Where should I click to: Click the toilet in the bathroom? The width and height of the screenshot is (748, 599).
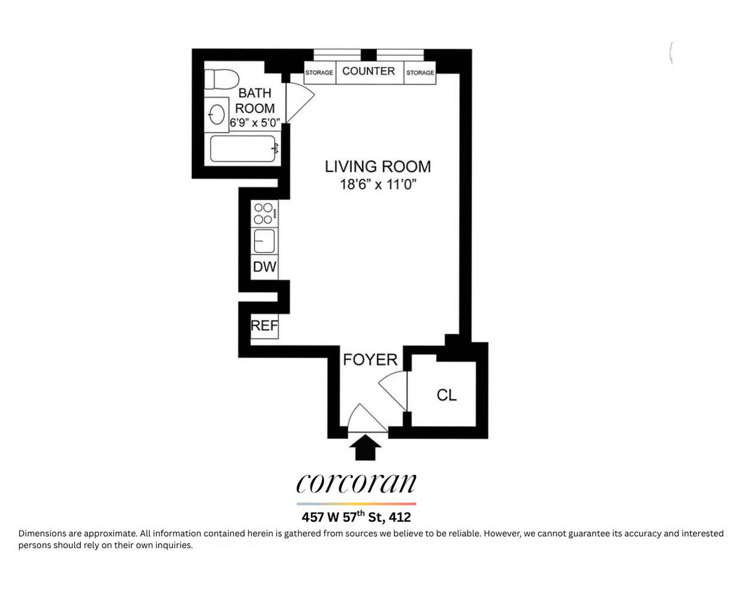221,79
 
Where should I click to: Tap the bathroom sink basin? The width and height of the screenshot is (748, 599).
217,114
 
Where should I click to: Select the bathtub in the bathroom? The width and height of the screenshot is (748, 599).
242,149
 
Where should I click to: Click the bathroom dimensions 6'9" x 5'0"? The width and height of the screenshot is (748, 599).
255,123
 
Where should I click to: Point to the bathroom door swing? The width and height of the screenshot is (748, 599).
298,102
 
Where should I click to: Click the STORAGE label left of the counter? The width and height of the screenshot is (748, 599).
319,72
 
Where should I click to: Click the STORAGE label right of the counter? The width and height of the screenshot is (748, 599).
420,72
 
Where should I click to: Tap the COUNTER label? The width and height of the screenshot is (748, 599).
369,71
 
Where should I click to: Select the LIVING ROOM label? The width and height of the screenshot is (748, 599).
378,167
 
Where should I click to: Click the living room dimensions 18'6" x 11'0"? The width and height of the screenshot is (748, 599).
378,184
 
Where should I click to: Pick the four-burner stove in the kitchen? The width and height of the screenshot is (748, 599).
264,213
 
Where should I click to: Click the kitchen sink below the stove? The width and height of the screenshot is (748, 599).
264,241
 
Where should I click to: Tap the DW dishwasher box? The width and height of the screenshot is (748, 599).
264,267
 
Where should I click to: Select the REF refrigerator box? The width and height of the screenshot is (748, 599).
264,325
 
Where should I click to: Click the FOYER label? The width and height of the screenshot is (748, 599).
370,359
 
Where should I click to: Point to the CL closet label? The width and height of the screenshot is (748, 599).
446,395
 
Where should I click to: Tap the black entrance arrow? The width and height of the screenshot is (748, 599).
365,447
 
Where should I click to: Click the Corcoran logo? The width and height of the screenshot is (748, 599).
356,483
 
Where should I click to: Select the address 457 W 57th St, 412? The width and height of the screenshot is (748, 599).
356,517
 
